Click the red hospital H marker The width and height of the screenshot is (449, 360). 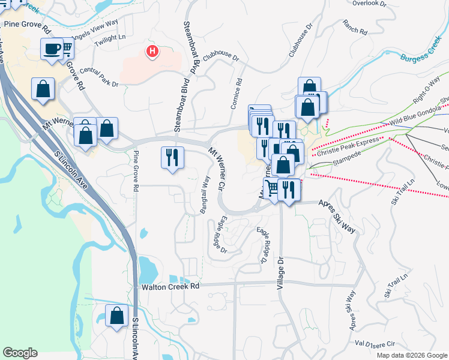[153, 52]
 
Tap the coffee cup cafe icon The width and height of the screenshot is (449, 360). [52, 48]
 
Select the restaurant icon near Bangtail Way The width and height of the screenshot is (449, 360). [172, 157]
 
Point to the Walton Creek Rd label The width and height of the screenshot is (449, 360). [170, 287]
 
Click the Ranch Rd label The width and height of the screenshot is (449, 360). [355, 26]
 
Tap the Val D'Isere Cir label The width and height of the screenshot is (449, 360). [375, 344]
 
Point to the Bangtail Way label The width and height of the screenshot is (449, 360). [205, 194]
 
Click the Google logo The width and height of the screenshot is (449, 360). [20, 353]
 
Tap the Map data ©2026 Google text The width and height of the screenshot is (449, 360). [412, 355]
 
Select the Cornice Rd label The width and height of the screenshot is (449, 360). [235, 93]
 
